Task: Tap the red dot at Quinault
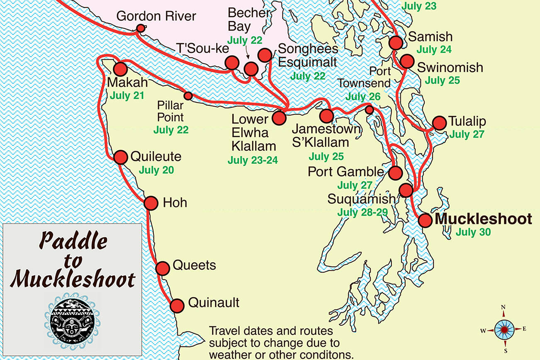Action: point(177,305)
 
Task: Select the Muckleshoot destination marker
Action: point(425,220)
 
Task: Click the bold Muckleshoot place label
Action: point(483,219)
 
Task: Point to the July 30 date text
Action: point(473,231)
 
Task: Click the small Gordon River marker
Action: point(141,28)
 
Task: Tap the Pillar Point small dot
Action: point(188,96)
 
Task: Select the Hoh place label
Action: point(175,202)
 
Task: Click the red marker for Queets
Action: point(163,268)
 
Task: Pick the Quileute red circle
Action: point(121,157)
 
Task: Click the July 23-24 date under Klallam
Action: point(253,160)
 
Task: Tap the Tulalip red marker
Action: point(439,123)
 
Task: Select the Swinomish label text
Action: point(450,67)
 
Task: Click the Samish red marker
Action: point(396,42)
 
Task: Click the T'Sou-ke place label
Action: point(203,49)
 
